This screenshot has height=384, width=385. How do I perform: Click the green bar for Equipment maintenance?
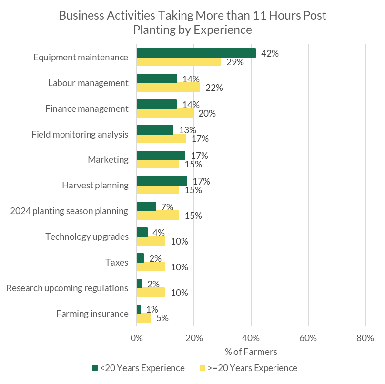pyautogui.click(x=196, y=53)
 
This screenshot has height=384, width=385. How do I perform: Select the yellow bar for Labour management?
pyautogui.click(x=168, y=88)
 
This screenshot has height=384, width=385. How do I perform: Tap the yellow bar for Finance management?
pyautogui.click(x=165, y=113)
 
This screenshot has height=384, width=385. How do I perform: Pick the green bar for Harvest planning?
pyautogui.click(x=162, y=181)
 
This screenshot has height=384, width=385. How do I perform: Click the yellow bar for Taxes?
pyautogui.click(x=151, y=266)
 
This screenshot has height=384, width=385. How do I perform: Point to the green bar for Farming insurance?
pyautogui.click(x=139, y=309)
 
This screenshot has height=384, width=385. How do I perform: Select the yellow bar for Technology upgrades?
pyautogui.click(x=151, y=241)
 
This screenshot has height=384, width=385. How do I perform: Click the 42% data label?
pyautogui.click(x=270, y=53)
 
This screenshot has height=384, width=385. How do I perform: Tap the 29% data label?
pyautogui.click(x=235, y=62)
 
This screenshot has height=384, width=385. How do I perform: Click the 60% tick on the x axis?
pyautogui.click(x=308, y=338)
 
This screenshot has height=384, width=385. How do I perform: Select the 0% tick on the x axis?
pyautogui.click(x=137, y=338)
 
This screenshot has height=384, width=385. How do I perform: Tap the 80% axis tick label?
pyautogui.click(x=365, y=338)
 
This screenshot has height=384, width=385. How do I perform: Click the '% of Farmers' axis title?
pyautogui.click(x=251, y=352)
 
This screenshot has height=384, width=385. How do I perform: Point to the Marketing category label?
pyautogui.click(x=108, y=160)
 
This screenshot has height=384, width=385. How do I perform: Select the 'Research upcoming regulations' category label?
pyautogui.click(x=67, y=288)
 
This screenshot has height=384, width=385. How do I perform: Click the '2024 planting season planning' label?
pyautogui.click(x=69, y=211)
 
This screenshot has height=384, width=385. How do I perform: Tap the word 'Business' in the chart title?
pyautogui.click(x=80, y=15)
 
